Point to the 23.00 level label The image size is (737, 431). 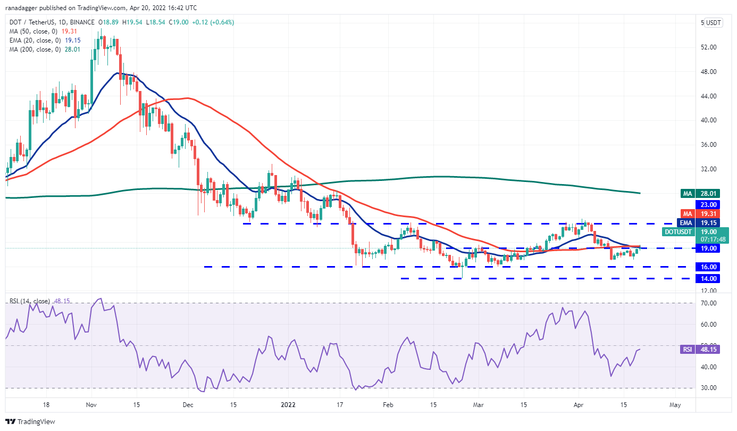pyautogui.click(x=709, y=204)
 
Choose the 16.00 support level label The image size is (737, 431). pyautogui.click(x=709, y=267)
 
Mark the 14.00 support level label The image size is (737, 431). pyautogui.click(x=709, y=278)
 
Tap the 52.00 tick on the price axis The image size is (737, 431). pyautogui.click(x=709, y=47)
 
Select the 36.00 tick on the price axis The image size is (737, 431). pyautogui.click(x=709, y=145)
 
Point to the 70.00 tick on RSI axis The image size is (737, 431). pyautogui.click(x=709, y=303)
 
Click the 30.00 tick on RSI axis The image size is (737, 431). pyautogui.click(x=709, y=388)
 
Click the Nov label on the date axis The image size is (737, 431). pyautogui.click(x=91, y=405)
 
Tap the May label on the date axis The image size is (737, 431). pyautogui.click(x=675, y=405)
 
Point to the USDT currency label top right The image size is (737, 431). pyautogui.click(x=713, y=23)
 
